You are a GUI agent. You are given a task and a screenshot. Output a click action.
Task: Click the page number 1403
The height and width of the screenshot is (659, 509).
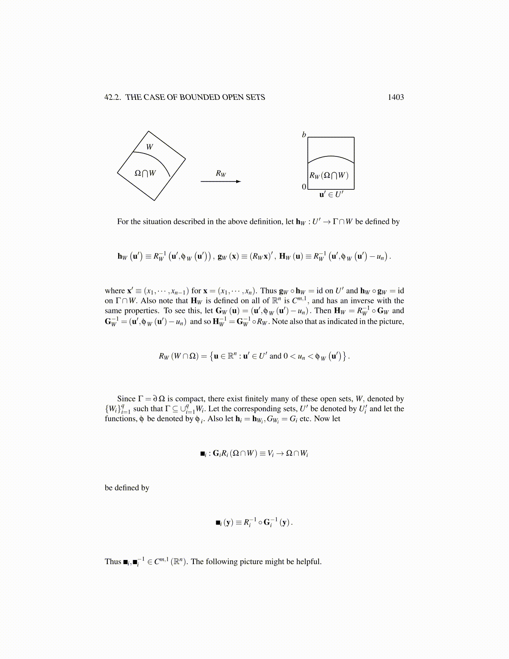point(395,97)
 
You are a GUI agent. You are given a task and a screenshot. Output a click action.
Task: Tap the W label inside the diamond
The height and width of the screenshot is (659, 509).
point(150,147)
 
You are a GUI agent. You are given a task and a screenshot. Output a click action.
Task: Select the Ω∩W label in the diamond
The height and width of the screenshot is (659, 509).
point(145,173)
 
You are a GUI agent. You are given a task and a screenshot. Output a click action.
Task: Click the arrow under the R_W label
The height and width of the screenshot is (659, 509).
point(220,181)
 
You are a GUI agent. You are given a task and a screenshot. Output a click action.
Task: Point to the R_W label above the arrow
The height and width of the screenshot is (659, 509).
point(221,173)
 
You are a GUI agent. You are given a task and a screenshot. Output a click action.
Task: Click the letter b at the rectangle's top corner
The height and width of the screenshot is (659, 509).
point(304,135)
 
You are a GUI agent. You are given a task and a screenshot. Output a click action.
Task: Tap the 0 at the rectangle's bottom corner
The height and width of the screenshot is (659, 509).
point(304,187)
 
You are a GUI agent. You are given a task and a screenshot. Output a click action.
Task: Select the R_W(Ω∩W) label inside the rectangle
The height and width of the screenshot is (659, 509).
point(329,175)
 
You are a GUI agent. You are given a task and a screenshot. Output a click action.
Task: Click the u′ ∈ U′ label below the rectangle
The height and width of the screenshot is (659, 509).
point(331,194)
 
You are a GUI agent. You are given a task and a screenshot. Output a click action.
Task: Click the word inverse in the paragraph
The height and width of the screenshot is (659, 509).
point(362,301)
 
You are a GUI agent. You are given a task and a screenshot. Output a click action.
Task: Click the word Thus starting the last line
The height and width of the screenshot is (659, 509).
point(113,562)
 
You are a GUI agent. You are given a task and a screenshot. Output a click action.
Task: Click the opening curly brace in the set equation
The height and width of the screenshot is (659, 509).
point(212,356)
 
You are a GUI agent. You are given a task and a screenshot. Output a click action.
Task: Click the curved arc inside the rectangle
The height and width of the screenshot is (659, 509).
point(331,157)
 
